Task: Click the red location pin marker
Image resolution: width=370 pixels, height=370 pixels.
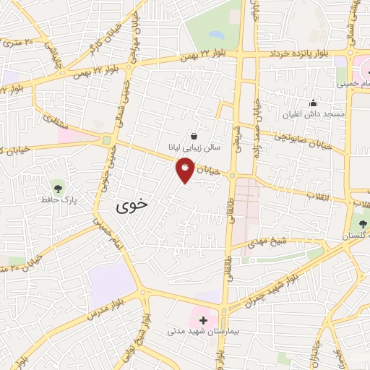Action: [x=186, y=171]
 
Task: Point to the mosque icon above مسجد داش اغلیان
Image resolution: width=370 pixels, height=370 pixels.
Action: [x=313, y=103]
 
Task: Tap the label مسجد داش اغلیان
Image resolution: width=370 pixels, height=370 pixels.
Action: [x=314, y=114]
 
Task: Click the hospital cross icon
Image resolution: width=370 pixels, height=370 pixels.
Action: [x=204, y=320]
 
